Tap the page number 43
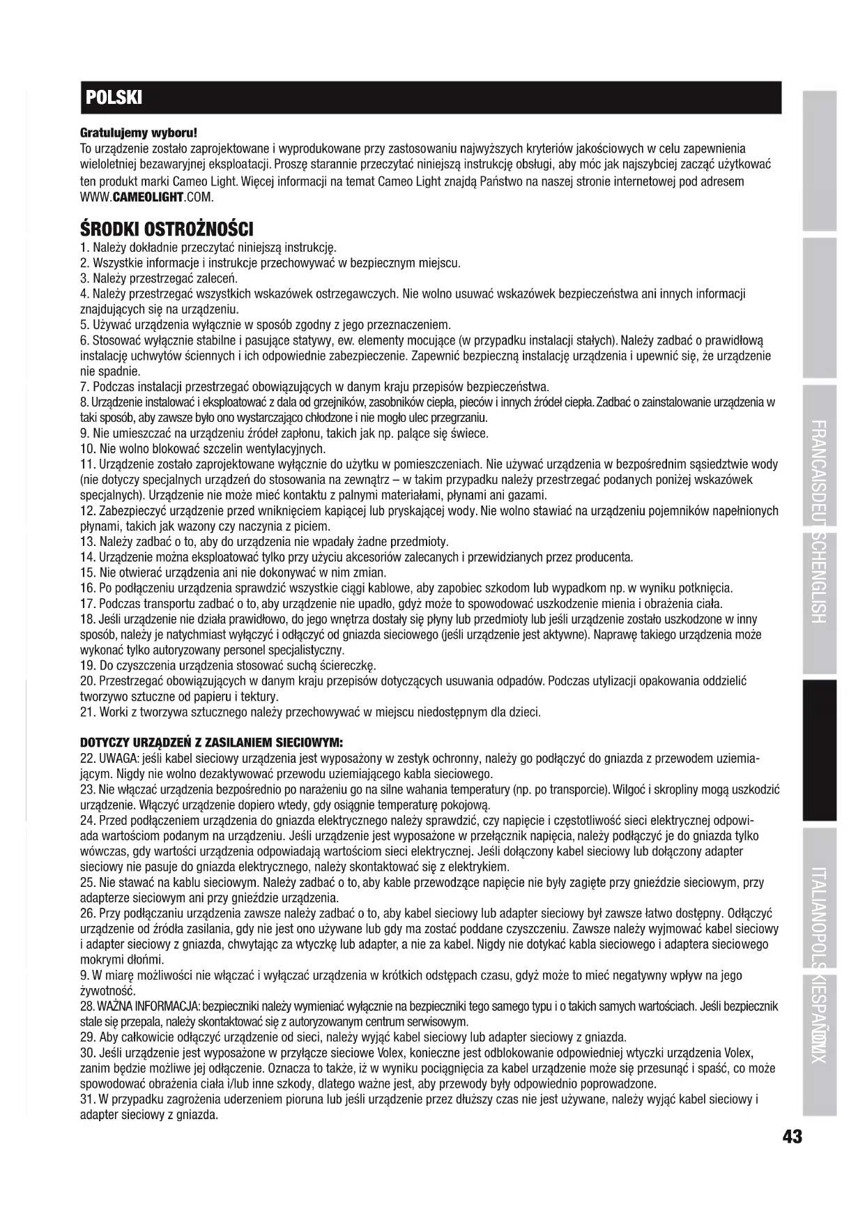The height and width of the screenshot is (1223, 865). click(792, 1137)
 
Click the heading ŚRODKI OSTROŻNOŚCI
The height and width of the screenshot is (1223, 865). click(167, 229)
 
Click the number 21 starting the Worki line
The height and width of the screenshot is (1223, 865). click(88, 712)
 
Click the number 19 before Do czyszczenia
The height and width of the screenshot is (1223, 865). click(88, 665)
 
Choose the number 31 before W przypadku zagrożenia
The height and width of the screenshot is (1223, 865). click(88, 1099)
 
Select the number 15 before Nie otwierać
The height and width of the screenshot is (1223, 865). click(88, 572)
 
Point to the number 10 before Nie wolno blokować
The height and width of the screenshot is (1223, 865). click(88, 448)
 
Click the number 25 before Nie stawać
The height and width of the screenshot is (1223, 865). click(88, 883)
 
